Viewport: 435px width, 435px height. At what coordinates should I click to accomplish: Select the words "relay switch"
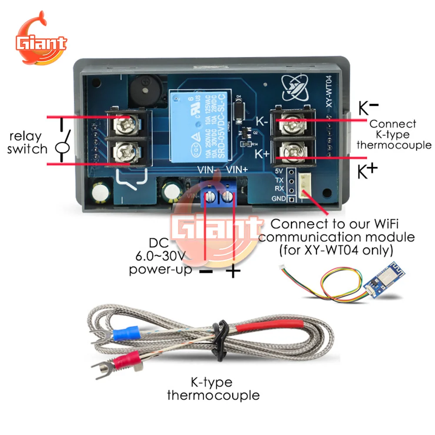27,143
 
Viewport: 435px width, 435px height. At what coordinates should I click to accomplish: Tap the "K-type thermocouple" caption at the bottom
213,389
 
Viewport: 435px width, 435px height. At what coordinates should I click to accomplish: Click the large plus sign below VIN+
234,271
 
